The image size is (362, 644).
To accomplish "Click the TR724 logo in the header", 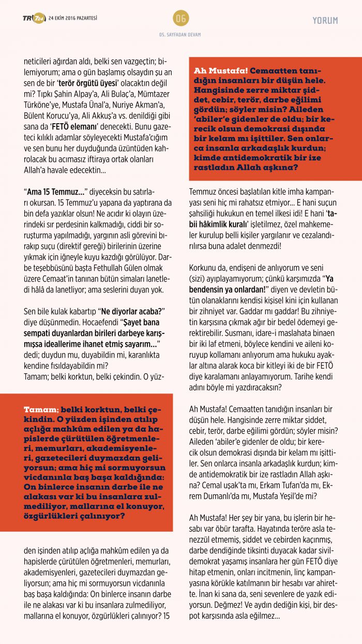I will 34,19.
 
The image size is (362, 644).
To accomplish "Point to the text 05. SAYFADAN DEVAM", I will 180,35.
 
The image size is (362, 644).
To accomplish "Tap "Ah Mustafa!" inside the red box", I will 221,71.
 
